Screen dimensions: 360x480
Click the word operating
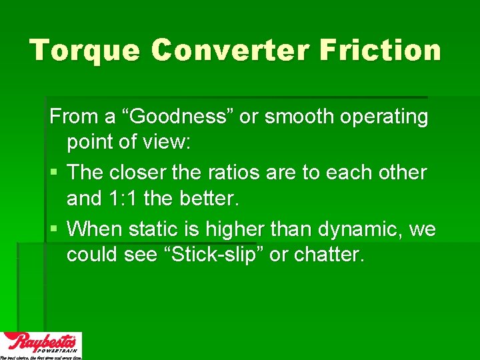coord(387,118)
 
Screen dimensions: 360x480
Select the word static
coord(158,229)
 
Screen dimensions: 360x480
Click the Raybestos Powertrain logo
coord(41,345)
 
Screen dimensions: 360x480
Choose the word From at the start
coord(73,117)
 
